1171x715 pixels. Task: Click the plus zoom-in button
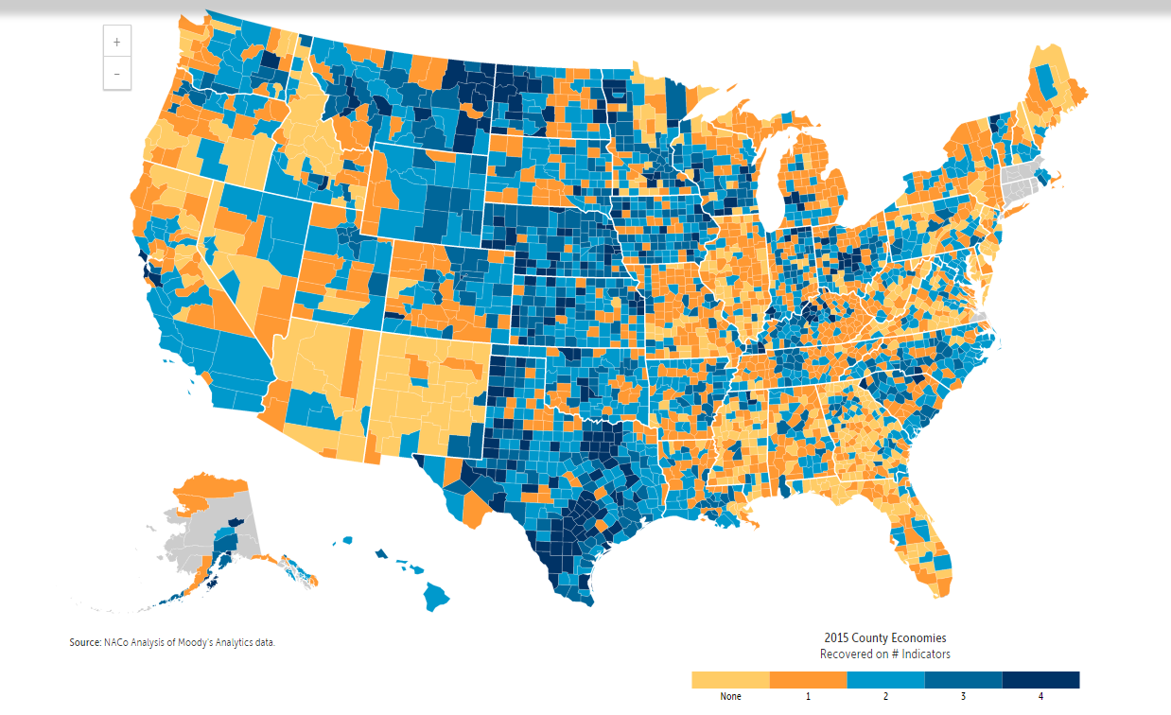[116, 43]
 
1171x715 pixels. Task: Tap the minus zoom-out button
[116, 73]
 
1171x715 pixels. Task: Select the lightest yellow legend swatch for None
[730, 680]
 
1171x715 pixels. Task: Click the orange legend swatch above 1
[808, 680]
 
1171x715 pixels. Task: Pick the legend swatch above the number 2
[885, 680]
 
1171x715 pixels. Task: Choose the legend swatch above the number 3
[963, 680]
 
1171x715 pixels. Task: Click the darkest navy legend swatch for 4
[1040, 680]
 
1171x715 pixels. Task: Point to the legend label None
[730, 697]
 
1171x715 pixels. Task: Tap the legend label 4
[1040, 697]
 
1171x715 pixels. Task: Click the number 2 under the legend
[885, 697]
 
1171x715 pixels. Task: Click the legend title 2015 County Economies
[884, 638]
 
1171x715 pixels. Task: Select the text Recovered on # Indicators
[884, 654]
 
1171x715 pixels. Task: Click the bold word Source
[84, 643]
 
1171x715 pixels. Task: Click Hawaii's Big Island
[436, 596]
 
